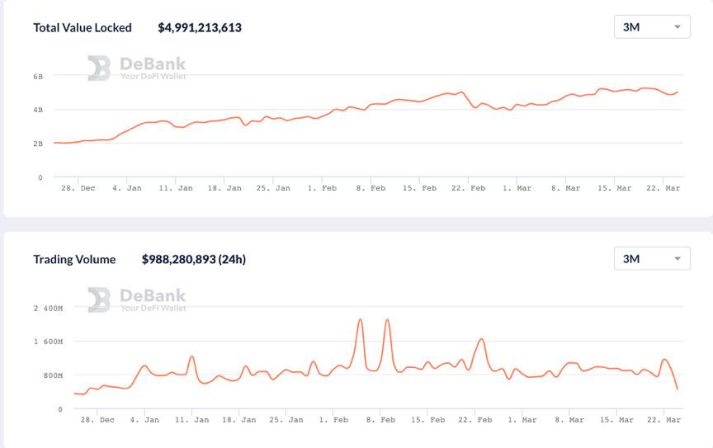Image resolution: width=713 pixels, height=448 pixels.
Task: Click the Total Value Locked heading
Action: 83,27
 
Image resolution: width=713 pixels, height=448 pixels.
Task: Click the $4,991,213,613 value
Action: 200,27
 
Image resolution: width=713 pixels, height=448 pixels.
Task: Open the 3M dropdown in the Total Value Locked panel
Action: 652,27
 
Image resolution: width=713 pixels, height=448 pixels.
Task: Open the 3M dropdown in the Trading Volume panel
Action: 652,259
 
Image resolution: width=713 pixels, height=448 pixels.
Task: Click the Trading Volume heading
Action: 74,259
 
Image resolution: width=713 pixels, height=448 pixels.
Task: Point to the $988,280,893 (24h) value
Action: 194,259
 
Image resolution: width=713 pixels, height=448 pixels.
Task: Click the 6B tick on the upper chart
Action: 38,76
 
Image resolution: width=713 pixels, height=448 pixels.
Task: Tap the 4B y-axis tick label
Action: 38,110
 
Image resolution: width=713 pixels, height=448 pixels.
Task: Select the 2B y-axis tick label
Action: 38,144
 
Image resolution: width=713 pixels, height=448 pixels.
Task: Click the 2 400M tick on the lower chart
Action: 48,308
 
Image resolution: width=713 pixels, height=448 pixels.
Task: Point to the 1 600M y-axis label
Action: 48,342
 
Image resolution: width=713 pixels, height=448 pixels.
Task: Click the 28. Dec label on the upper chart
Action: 78,188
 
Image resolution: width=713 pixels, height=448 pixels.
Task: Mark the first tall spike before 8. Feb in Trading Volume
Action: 360,320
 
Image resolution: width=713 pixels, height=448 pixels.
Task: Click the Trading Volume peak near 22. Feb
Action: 482,339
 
